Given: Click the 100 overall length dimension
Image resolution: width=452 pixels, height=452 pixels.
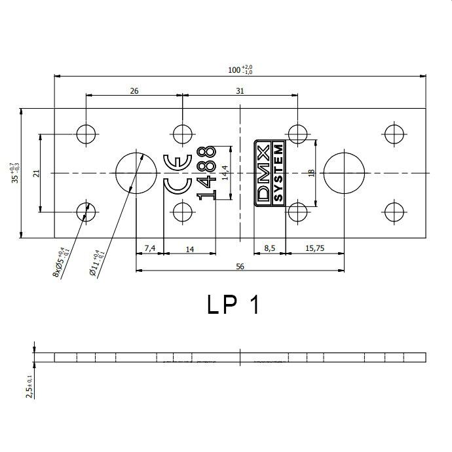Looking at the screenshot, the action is (240, 69).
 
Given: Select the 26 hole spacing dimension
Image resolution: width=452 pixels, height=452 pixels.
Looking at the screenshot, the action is (134, 91).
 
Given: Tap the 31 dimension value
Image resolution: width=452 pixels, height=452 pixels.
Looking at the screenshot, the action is (240, 91).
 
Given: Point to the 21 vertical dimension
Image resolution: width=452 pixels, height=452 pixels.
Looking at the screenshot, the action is (36, 173).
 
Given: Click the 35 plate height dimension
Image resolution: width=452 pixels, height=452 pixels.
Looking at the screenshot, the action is (15, 173).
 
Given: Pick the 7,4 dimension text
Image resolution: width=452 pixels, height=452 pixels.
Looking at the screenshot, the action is (150, 248).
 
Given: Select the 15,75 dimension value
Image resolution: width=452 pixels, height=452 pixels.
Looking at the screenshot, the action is (315, 248).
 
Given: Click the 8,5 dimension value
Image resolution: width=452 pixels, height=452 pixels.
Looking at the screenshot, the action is (269, 248).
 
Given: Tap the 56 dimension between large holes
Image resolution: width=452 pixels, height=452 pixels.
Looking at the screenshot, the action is (240, 267).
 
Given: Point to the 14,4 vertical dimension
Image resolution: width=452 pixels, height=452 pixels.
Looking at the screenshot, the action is (225, 173).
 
